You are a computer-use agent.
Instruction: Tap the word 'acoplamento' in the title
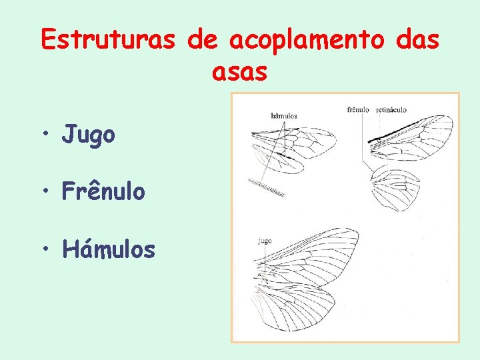307,40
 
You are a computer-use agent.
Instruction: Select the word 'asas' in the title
240,72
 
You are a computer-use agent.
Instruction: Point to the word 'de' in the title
203,40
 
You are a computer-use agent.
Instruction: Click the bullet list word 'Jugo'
89,135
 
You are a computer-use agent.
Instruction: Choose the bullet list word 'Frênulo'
103,191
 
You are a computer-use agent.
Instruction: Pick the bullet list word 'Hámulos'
109,249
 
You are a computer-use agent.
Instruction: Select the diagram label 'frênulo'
358,109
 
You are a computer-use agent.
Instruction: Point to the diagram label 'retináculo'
391,109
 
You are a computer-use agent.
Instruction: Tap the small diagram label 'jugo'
265,241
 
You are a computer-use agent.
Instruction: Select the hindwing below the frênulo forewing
395,188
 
